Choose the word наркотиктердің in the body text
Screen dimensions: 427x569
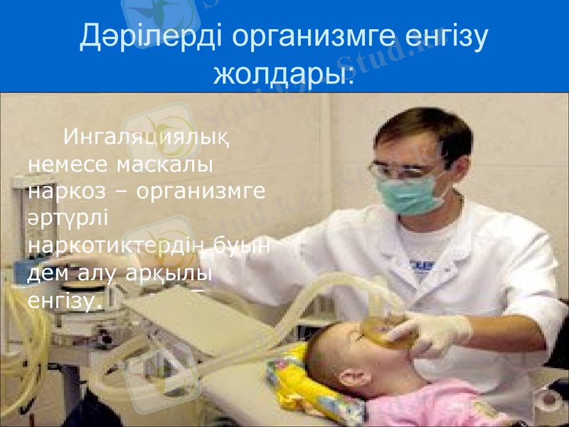tap(119, 246)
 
